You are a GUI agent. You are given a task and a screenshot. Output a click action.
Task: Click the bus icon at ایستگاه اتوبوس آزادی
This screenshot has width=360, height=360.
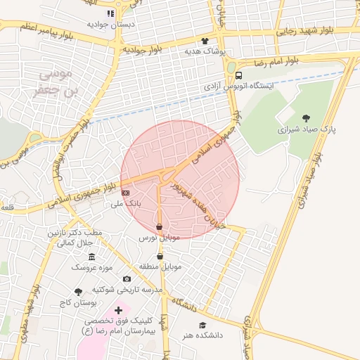[x=239, y=75]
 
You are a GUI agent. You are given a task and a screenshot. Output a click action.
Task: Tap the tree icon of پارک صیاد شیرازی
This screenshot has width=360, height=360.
[x=305, y=118]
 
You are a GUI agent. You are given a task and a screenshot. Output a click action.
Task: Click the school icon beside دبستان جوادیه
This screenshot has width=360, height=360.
[x=110, y=13]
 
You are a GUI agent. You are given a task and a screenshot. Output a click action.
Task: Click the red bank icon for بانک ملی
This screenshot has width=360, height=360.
[x=126, y=192]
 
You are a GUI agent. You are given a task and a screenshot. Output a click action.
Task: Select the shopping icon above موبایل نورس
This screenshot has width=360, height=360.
[x=160, y=227]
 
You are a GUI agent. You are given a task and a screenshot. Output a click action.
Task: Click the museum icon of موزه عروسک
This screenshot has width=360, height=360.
[x=92, y=257]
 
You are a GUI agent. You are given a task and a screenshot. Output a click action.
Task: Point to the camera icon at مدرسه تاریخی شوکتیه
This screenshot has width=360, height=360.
[x=127, y=279]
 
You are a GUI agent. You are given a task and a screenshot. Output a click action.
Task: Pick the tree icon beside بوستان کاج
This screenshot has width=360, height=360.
[x=78, y=291]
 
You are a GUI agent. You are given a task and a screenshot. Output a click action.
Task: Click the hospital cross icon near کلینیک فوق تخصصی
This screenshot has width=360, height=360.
[x=118, y=309]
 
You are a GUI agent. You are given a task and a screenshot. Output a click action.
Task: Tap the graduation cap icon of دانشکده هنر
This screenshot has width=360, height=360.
[x=202, y=326]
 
